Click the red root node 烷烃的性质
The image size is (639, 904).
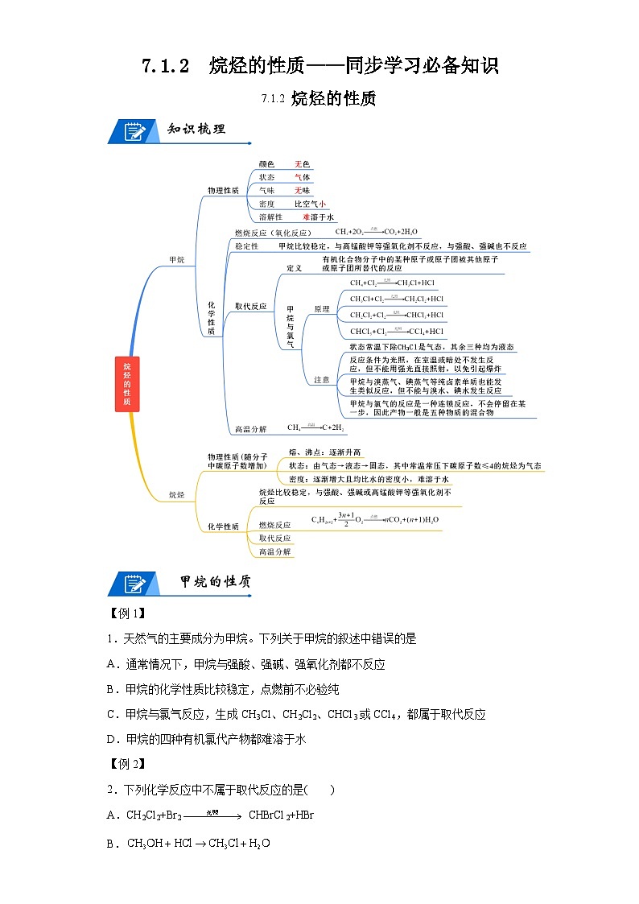click(127, 385)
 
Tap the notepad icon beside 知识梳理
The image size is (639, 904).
click(134, 130)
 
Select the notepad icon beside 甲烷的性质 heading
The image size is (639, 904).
click(134, 582)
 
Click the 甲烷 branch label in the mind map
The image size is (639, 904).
click(176, 260)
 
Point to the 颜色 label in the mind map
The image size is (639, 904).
click(266, 164)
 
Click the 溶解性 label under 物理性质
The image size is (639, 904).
click(270, 217)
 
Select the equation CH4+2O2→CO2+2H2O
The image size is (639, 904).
click(376, 232)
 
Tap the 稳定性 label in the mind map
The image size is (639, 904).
click(245, 246)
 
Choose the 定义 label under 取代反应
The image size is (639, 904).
click(295, 267)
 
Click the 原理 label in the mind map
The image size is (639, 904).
click(322, 308)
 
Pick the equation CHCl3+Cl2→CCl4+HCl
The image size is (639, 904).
click(396, 331)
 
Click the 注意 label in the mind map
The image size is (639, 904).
click(322, 379)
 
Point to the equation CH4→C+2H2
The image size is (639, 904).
click(315, 427)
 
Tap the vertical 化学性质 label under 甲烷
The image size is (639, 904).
click(212, 317)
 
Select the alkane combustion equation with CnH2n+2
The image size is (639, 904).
click(376, 519)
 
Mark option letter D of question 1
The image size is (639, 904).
click(112, 738)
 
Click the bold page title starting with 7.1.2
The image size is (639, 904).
click(319, 66)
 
